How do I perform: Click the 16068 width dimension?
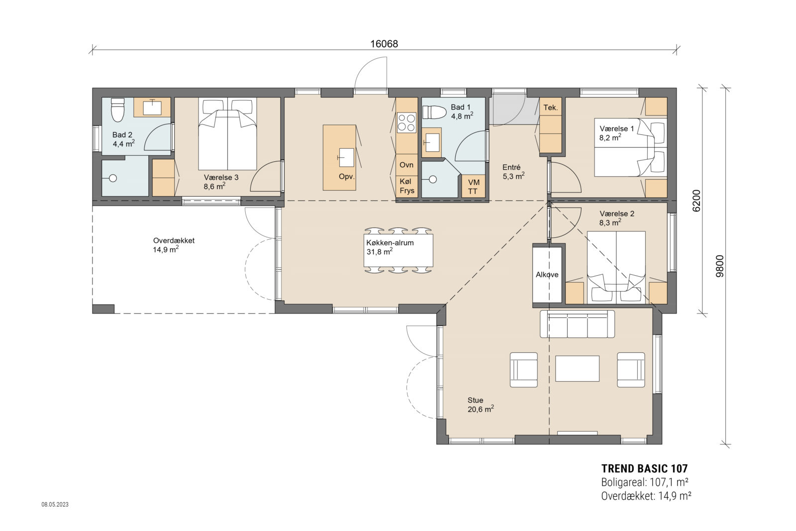point(384,44)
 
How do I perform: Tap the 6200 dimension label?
point(696,201)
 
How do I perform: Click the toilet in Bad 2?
point(117,109)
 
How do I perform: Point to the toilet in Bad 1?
point(434,112)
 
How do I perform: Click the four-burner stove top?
point(406,123)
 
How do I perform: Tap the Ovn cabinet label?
point(406,165)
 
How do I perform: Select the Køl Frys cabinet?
point(406,186)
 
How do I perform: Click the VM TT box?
point(473,187)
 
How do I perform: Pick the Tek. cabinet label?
point(550,107)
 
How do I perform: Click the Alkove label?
point(547,274)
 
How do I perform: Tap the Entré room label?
point(511,168)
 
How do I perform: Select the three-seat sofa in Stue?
point(577,324)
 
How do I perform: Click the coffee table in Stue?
point(577,368)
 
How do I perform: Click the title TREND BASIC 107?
point(644,468)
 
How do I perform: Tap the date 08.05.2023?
point(55,505)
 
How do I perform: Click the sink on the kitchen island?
point(346,157)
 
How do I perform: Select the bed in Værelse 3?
point(227,134)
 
